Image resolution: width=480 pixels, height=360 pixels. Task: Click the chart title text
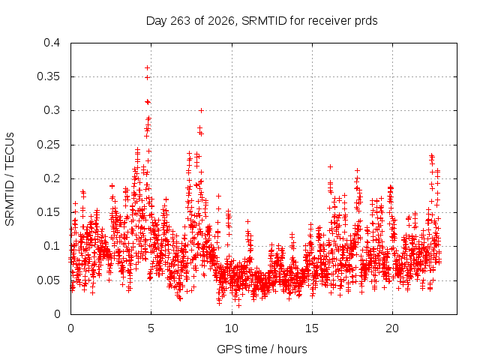(x=262, y=21)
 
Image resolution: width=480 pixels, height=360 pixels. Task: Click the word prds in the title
(x=366, y=21)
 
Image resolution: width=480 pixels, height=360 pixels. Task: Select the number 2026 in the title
(x=221, y=21)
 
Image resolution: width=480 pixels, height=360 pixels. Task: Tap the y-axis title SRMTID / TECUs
(x=10, y=179)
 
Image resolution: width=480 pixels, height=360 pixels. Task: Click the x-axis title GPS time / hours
(x=262, y=349)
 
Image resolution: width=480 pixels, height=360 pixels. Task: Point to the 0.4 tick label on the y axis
(x=52, y=43)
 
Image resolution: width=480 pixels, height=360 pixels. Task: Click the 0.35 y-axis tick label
(x=48, y=76)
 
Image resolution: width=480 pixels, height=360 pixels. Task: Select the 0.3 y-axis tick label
(x=52, y=110)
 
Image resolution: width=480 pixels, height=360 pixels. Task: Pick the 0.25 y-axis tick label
(x=48, y=145)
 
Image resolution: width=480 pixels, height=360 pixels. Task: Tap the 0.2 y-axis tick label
(x=52, y=178)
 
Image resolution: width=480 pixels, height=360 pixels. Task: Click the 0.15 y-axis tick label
(x=48, y=212)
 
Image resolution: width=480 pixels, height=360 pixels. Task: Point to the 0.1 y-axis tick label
(x=52, y=246)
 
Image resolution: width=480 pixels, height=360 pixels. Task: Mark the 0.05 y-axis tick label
(x=48, y=280)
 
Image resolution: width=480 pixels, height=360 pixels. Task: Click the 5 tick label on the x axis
(x=151, y=328)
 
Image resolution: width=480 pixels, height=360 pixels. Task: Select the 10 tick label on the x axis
(x=232, y=328)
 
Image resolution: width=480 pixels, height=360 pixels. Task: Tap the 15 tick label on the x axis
(x=312, y=328)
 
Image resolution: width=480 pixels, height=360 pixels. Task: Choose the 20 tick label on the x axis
(x=392, y=328)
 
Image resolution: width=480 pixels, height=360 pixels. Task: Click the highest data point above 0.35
(x=147, y=67)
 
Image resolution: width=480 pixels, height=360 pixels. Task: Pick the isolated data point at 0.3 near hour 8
(x=201, y=110)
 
